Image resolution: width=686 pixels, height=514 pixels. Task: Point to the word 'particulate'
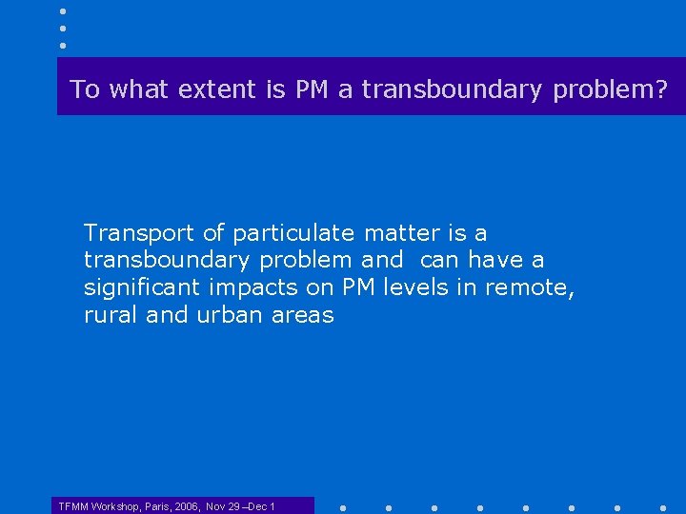point(293,233)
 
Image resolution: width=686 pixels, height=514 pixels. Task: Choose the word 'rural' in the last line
point(111,315)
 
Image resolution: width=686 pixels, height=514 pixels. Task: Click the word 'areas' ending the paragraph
point(303,315)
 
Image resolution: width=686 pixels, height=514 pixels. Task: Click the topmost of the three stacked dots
point(63,11)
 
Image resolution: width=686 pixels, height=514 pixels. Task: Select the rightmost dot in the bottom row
point(662,507)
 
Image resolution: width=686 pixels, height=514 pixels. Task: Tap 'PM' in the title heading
point(312,90)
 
